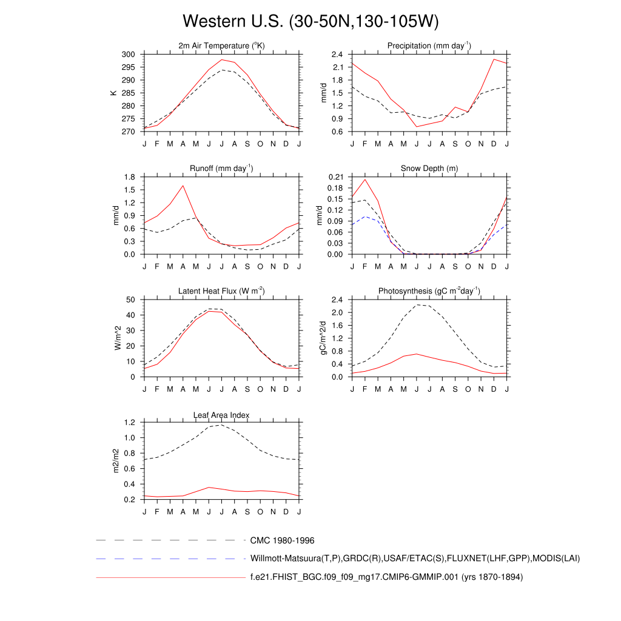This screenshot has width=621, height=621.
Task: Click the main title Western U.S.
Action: pyautogui.click(x=310, y=22)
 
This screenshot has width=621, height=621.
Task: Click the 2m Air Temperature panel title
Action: pyautogui.click(x=221, y=45)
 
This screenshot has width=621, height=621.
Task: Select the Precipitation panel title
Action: pyautogui.click(x=429, y=45)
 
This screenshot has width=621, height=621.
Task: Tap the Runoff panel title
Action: pyautogui.click(x=221, y=168)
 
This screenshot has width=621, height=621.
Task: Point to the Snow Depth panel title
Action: pyautogui.click(x=429, y=168)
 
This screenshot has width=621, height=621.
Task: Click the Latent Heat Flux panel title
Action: pyautogui.click(x=221, y=291)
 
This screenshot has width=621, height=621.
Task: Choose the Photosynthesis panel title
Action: pyautogui.click(x=429, y=291)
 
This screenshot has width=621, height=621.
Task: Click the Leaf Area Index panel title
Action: pyautogui.click(x=221, y=415)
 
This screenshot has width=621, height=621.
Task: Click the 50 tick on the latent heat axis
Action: pyautogui.click(x=130, y=300)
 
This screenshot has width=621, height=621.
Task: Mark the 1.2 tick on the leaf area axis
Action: pyautogui.click(x=129, y=423)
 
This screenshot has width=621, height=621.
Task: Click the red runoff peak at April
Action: pyautogui.click(x=183, y=186)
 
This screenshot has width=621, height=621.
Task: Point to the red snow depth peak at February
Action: pyautogui.click(x=365, y=179)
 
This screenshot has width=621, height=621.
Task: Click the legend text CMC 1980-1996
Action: pyautogui.click(x=282, y=540)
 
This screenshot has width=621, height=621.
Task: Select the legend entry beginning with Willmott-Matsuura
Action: pyautogui.click(x=415, y=558)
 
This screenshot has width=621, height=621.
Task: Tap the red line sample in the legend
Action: pyautogui.click(x=170, y=577)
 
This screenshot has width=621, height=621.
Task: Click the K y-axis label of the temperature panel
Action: pyautogui.click(x=113, y=93)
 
